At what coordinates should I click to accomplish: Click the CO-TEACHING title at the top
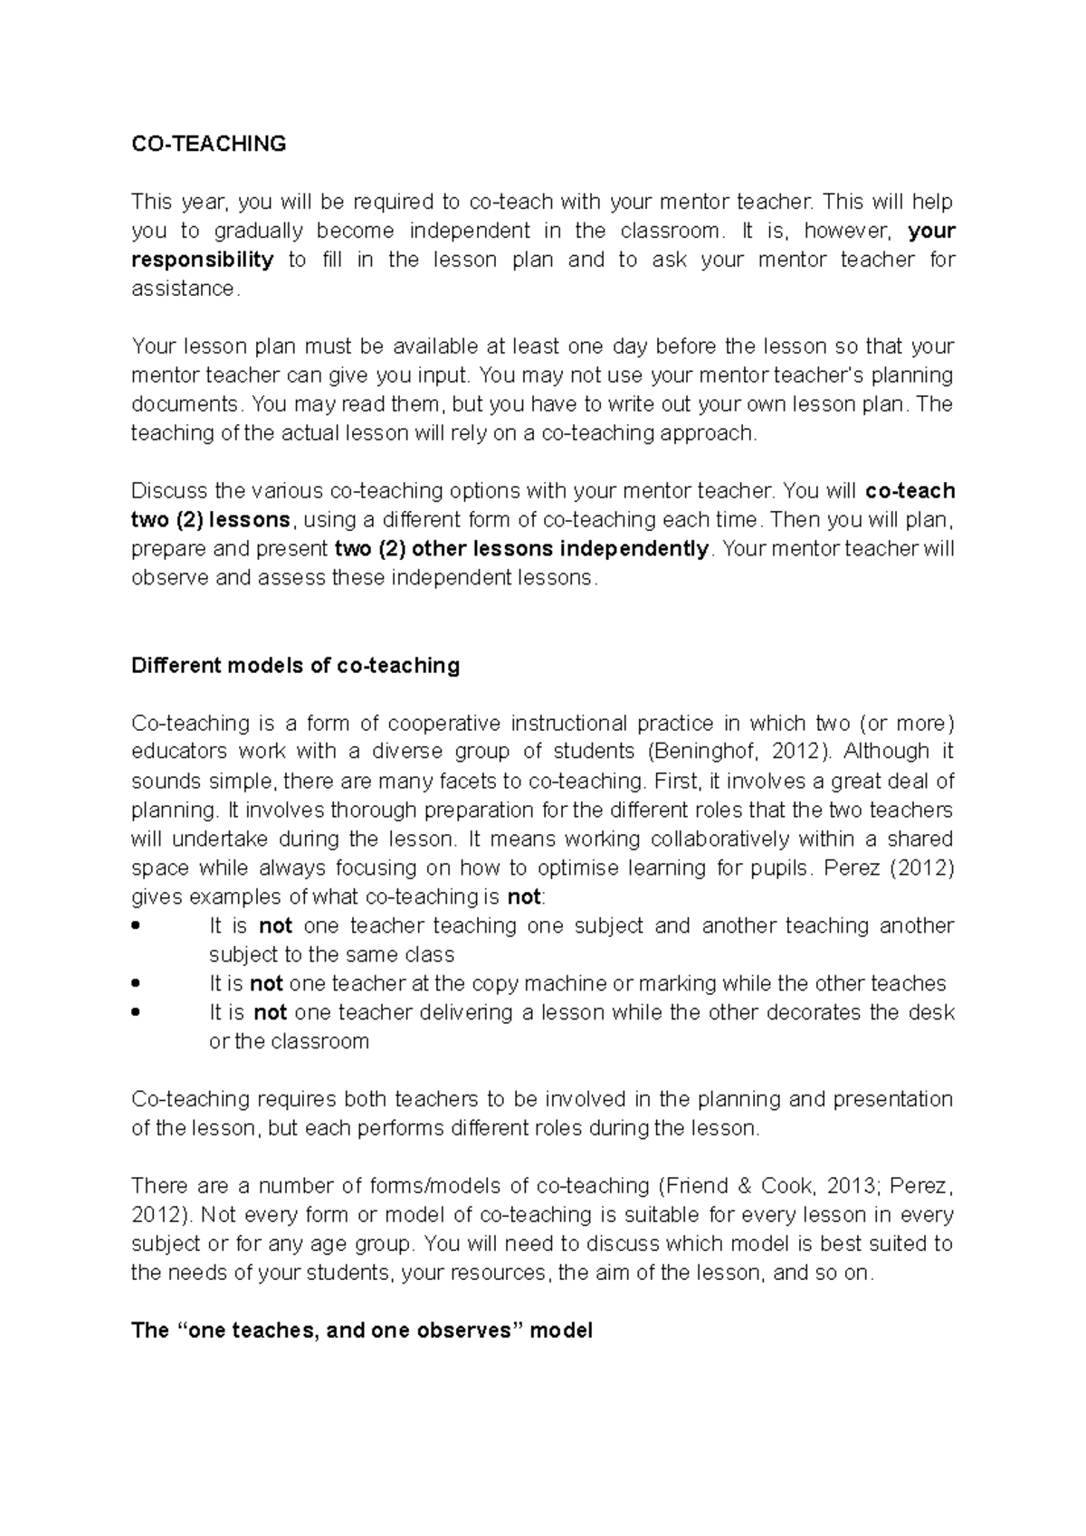(x=208, y=144)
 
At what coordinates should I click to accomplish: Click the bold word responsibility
(x=203, y=260)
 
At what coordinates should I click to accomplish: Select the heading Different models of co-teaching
(x=295, y=666)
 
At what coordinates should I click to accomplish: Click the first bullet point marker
(x=136, y=926)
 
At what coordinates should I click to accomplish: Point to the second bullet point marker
(x=136, y=984)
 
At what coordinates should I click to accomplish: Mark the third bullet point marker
(x=136, y=1013)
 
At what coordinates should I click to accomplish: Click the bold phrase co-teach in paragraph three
(x=910, y=491)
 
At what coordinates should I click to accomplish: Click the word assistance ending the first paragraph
(x=184, y=289)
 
